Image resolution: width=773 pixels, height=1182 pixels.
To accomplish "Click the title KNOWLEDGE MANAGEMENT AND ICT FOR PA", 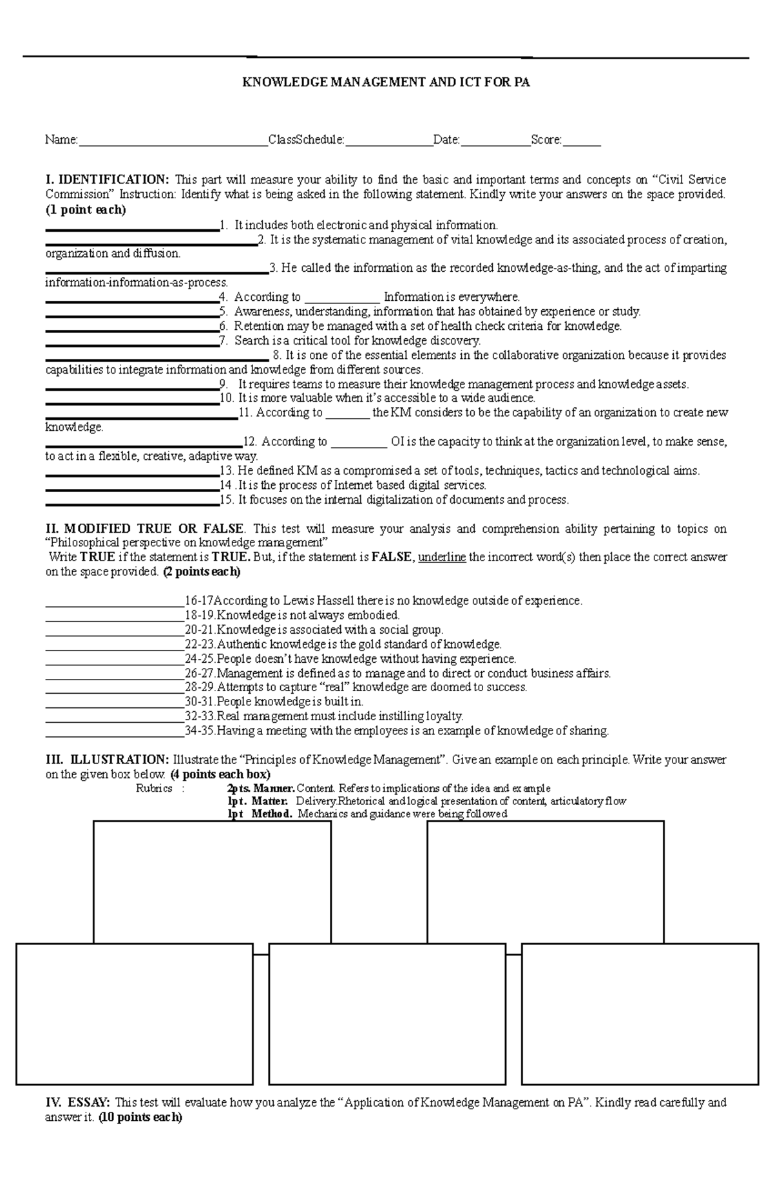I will pos(385,82).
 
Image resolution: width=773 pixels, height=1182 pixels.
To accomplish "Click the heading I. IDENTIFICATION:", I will pos(107,180).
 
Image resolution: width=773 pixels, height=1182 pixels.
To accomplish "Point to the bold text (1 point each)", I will pos(86,210).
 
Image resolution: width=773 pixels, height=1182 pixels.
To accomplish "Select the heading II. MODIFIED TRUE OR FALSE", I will pos(144,529).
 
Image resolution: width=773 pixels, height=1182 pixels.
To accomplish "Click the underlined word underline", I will pos(442,558).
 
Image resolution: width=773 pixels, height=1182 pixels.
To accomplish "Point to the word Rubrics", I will pos(154,789).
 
